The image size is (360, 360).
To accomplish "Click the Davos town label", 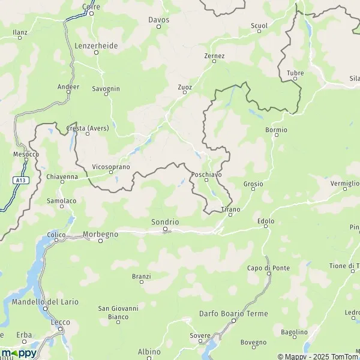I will pyautogui.click(x=159, y=19).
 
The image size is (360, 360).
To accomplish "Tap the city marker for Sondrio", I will pyautogui.click(x=165, y=229).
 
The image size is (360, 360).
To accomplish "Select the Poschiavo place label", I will pyautogui.click(x=206, y=173).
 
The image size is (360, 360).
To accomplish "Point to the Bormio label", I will pyautogui.click(x=276, y=130).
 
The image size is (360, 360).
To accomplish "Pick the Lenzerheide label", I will pyautogui.click(x=96, y=45).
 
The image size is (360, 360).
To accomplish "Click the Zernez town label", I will pyautogui.click(x=214, y=56).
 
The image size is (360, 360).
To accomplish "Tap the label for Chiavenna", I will pyautogui.click(x=62, y=176).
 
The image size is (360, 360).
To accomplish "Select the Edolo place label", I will pyautogui.click(x=266, y=221).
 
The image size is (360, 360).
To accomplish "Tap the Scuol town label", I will pyautogui.click(x=259, y=26).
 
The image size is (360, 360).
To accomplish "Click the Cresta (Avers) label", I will pyautogui.click(x=87, y=128).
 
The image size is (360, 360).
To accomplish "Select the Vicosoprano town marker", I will pyautogui.click(x=110, y=173).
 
